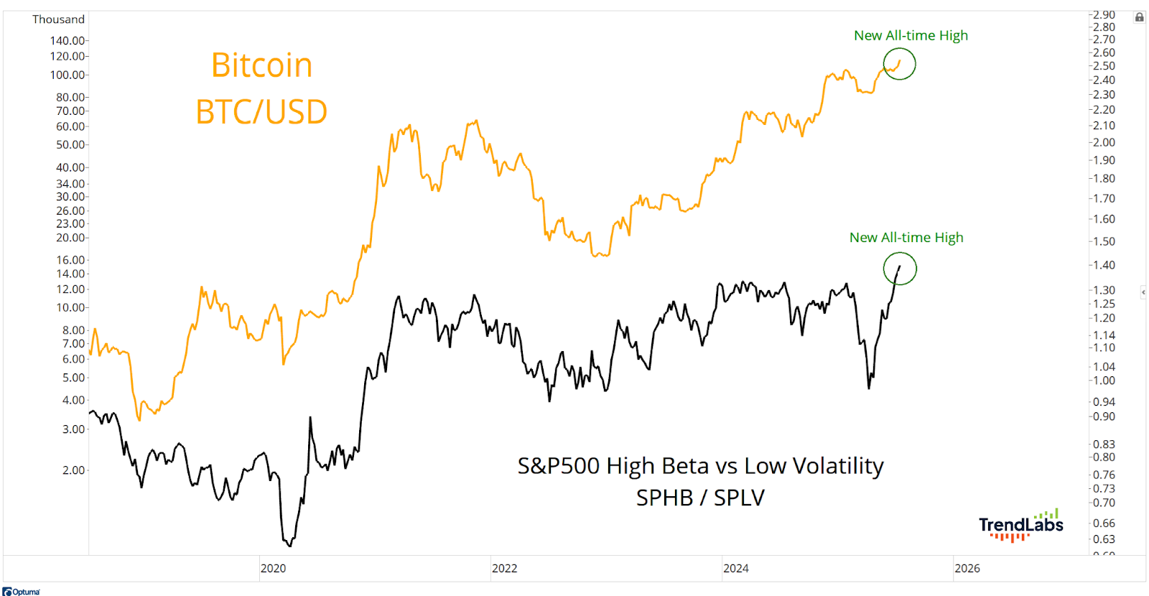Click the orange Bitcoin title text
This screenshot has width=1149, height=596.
click(261, 65)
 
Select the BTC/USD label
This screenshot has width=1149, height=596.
click(261, 111)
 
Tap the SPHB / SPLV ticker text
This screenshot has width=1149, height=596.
click(700, 498)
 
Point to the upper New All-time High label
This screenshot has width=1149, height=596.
click(911, 35)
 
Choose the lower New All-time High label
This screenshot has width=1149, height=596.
click(906, 238)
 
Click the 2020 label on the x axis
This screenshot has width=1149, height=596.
click(273, 568)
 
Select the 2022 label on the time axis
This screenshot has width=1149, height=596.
click(504, 568)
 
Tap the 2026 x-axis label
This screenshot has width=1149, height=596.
click(967, 568)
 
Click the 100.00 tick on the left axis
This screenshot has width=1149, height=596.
click(68, 75)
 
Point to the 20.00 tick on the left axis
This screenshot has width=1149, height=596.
click(70, 238)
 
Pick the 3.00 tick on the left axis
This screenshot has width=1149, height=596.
click(73, 429)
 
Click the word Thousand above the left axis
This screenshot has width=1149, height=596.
click(58, 19)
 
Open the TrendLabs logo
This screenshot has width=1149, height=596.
click(1020, 525)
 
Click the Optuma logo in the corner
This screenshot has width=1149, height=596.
click(21, 592)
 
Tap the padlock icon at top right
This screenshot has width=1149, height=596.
click(1139, 18)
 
